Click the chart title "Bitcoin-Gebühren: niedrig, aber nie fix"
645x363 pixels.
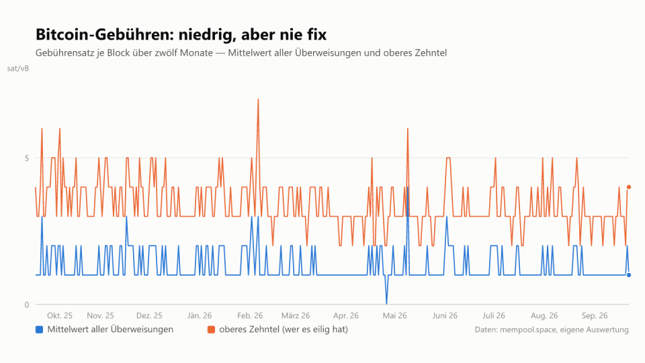(181, 34)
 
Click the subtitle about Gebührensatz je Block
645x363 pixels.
(241, 53)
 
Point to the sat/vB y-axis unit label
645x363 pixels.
(18, 69)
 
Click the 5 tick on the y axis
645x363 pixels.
(27, 158)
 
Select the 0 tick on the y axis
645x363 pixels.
(27, 305)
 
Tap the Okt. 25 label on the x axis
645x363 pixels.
(60, 316)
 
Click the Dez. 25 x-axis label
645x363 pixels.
(149, 316)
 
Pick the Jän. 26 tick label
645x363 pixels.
(200, 316)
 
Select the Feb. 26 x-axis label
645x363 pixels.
(250, 316)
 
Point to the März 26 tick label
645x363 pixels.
(296, 316)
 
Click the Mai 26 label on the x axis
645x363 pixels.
(394, 316)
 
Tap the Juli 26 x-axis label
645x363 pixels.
(494, 316)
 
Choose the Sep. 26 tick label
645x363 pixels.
(595, 316)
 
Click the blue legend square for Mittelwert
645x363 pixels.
(40, 329)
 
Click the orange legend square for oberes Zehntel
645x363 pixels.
(212, 329)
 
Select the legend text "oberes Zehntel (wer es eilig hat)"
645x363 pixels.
(284, 329)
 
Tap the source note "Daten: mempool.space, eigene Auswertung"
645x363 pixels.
(552, 329)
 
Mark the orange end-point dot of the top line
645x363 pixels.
(629, 188)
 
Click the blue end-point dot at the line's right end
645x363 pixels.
(629, 275)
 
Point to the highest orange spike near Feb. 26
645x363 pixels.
(258, 99)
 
